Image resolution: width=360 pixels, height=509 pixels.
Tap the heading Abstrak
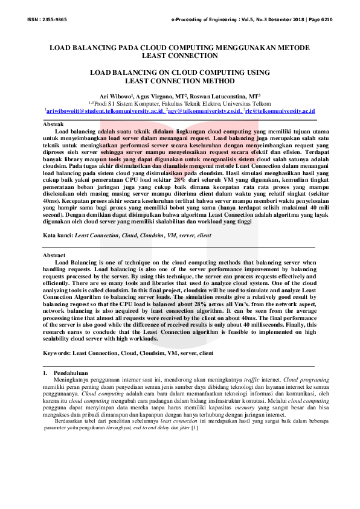(x=53, y=124)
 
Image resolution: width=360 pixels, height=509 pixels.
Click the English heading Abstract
(x=54, y=255)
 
